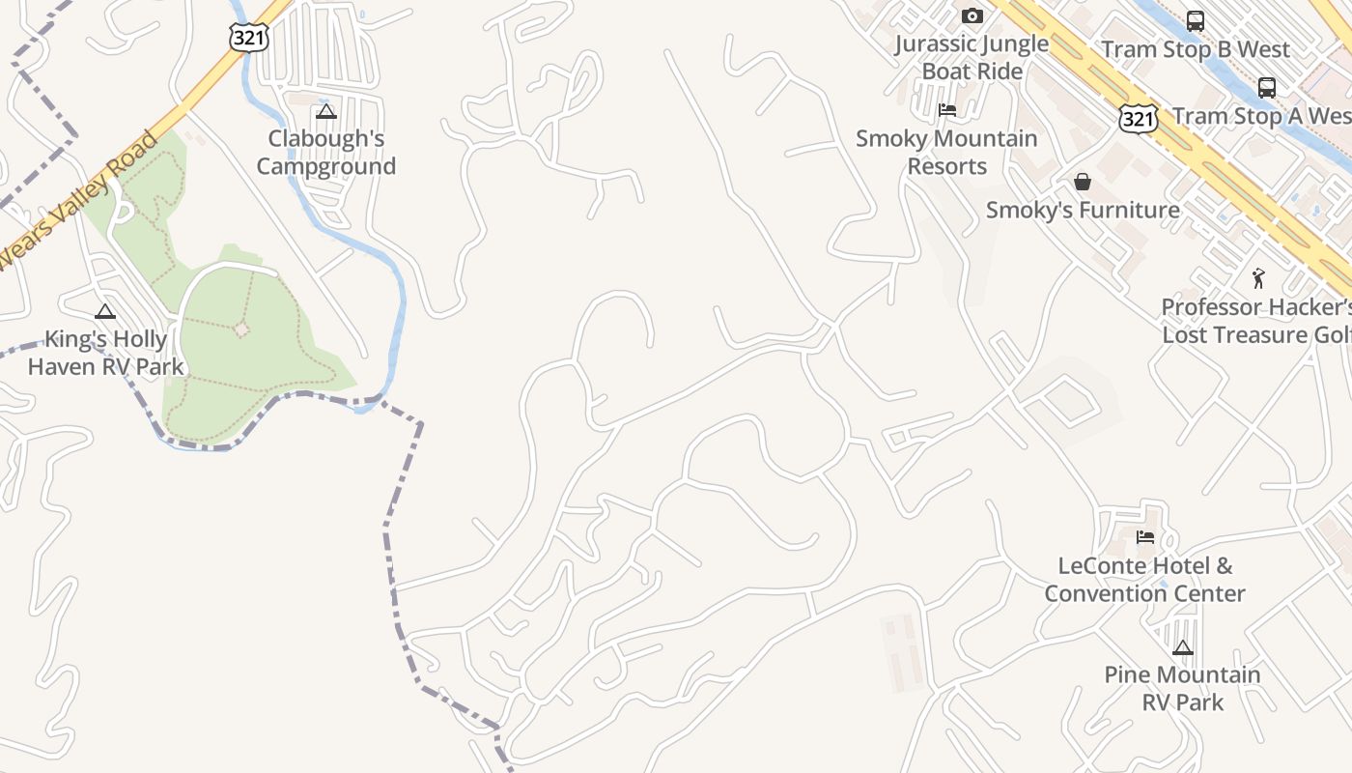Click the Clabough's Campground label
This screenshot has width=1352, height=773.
click(x=325, y=153)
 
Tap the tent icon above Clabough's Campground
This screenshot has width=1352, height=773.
click(x=325, y=112)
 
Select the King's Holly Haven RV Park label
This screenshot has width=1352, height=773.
click(x=105, y=354)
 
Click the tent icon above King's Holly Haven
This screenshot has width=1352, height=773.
click(x=105, y=312)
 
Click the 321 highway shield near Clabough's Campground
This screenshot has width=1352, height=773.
click(x=248, y=37)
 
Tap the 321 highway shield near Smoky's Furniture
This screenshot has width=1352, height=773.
click(x=1139, y=119)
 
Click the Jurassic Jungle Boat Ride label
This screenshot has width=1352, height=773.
click(x=972, y=58)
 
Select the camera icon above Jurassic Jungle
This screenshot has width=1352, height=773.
click(x=972, y=16)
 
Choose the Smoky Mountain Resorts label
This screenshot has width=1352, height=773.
click(x=946, y=153)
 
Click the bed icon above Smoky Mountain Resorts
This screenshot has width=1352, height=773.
click(x=947, y=110)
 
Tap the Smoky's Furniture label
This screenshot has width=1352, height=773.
click(x=1083, y=211)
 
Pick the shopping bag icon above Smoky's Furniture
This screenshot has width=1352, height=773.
click(x=1083, y=182)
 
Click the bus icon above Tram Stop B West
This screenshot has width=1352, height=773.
click(x=1196, y=21)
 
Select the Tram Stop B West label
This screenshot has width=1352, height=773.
click(x=1196, y=49)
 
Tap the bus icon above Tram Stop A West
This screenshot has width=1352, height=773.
click(x=1267, y=88)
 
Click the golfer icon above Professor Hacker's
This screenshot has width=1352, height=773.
click(x=1257, y=279)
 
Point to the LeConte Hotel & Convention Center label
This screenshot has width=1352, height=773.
click(x=1144, y=580)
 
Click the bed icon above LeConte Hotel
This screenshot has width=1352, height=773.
click(x=1145, y=537)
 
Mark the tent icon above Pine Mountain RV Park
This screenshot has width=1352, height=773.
click(x=1183, y=647)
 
